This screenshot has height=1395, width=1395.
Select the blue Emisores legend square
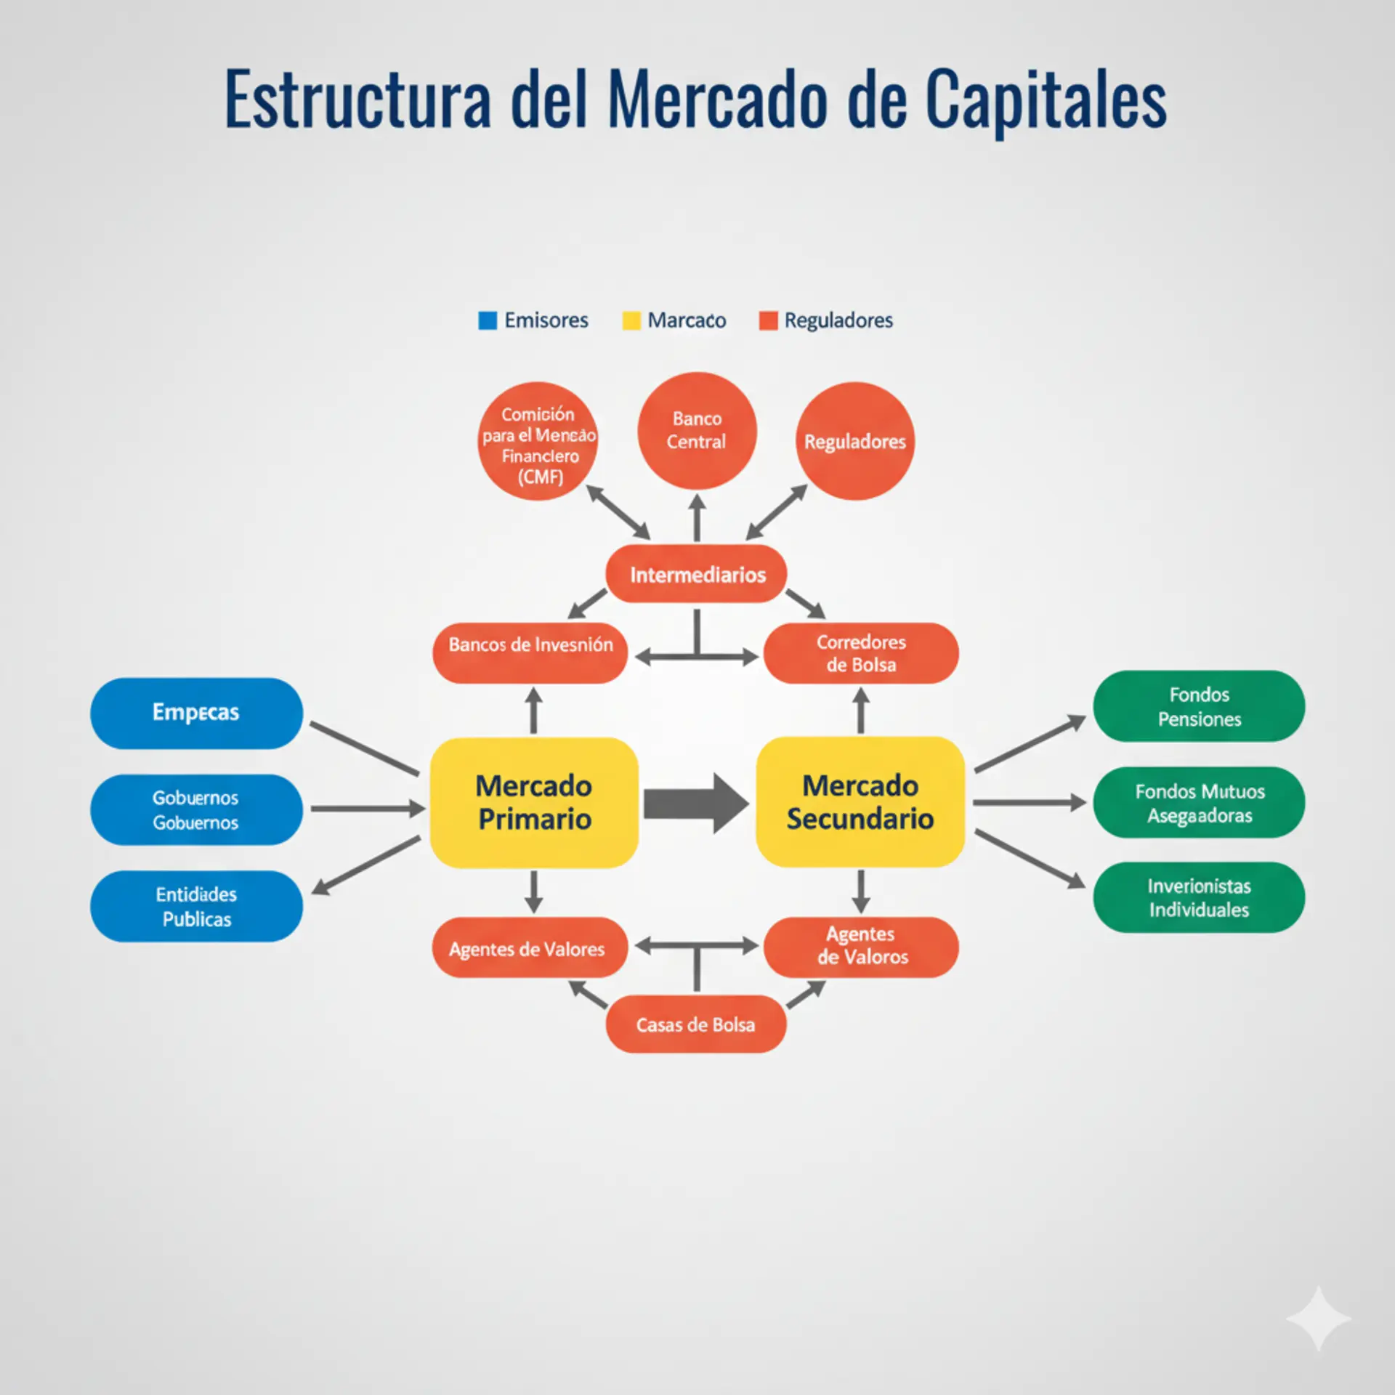[488, 320]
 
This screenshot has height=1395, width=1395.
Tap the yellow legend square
[631, 320]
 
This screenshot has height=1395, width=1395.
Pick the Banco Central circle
[697, 430]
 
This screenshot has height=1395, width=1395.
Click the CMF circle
[538, 442]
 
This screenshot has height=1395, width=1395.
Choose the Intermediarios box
[696, 575]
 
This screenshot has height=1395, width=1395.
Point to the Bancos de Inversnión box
[530, 652]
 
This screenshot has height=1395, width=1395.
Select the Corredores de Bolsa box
[861, 652]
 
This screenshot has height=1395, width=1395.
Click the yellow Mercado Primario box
[534, 802]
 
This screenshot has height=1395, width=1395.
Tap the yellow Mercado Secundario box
[860, 802]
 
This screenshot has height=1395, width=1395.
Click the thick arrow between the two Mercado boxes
[695, 803]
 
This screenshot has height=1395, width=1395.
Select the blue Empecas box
[196, 713]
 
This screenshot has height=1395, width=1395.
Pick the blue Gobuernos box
[196, 809]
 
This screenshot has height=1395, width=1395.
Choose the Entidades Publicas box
[196, 906]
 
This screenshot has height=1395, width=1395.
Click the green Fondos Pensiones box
[1199, 706]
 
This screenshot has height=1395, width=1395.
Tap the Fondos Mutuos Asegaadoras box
[1199, 803]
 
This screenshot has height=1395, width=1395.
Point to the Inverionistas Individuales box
[1199, 897]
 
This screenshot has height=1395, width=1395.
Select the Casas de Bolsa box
[695, 1024]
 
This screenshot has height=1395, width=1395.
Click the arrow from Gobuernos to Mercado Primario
[367, 808]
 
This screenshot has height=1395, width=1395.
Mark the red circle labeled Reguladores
[855, 441]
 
